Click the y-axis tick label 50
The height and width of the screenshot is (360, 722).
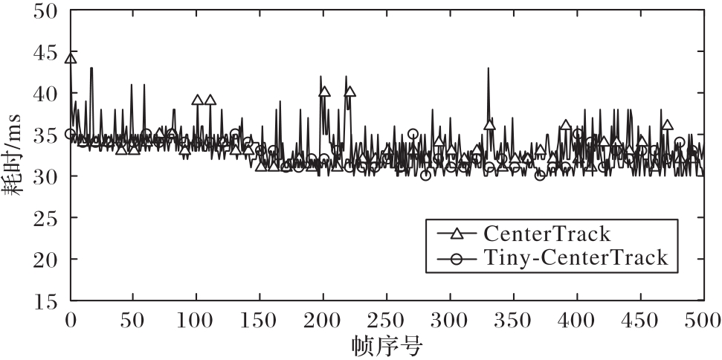point(45,12)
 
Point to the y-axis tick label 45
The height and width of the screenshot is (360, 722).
point(45,54)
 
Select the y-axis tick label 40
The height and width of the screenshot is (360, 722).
point(45,94)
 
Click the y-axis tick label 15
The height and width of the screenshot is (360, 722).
point(45,302)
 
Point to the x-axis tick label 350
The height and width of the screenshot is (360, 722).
point(514,321)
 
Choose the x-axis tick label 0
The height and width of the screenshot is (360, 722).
point(71,321)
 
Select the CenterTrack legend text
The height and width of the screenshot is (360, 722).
point(547,234)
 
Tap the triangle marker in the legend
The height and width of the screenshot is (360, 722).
point(457,234)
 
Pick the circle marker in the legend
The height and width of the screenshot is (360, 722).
point(457,259)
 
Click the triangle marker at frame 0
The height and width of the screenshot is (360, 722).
point(71,59)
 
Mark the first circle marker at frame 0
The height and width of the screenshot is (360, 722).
point(71,134)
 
